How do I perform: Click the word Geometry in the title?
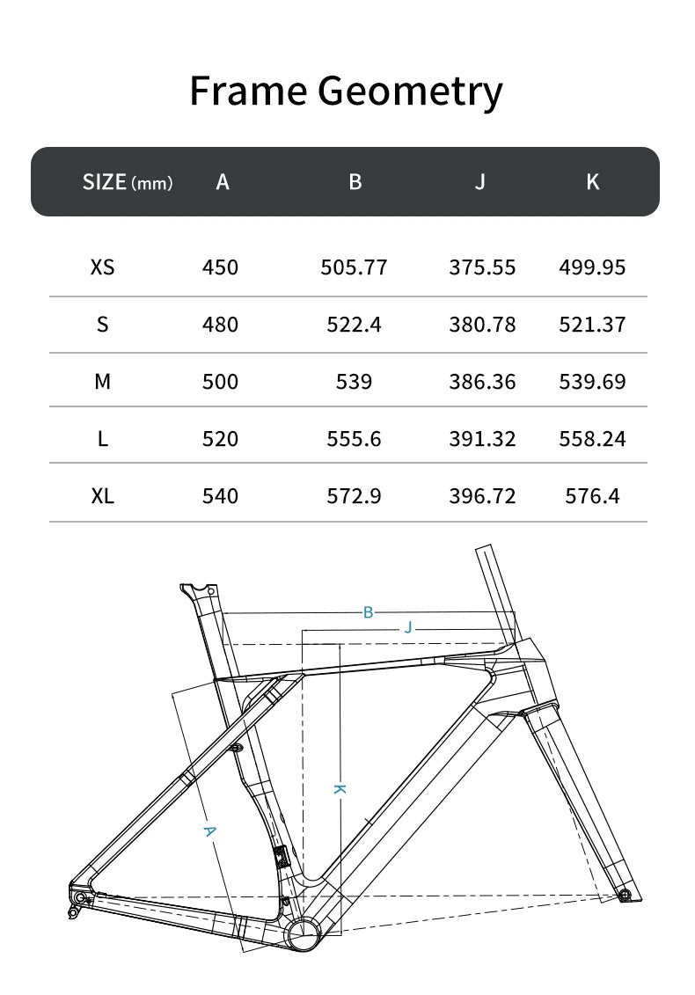pyautogui.click(x=411, y=92)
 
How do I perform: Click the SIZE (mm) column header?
pyautogui.click(x=128, y=182)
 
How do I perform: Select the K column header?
pyautogui.click(x=593, y=181)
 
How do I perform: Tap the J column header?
pyautogui.click(x=479, y=181)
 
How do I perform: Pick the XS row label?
pyautogui.click(x=102, y=267)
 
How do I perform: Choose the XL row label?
pyautogui.click(x=102, y=496)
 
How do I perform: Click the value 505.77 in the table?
pyautogui.click(x=354, y=267)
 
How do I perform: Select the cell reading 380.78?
pyautogui.click(x=482, y=325)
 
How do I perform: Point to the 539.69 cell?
pyautogui.click(x=592, y=382)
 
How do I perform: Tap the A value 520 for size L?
pyautogui.click(x=220, y=439)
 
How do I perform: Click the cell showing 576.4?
pyautogui.click(x=592, y=496)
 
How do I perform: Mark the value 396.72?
pyautogui.click(x=482, y=496)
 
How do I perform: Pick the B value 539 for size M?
pyautogui.click(x=354, y=382)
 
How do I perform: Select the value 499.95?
pyautogui.click(x=592, y=267)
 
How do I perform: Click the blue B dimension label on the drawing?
pyautogui.click(x=369, y=612)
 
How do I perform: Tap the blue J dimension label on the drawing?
pyautogui.click(x=407, y=627)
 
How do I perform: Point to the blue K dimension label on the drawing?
pyautogui.click(x=339, y=789)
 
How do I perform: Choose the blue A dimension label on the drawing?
pyautogui.click(x=209, y=831)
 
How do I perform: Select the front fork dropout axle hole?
pyautogui.click(x=625, y=895)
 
